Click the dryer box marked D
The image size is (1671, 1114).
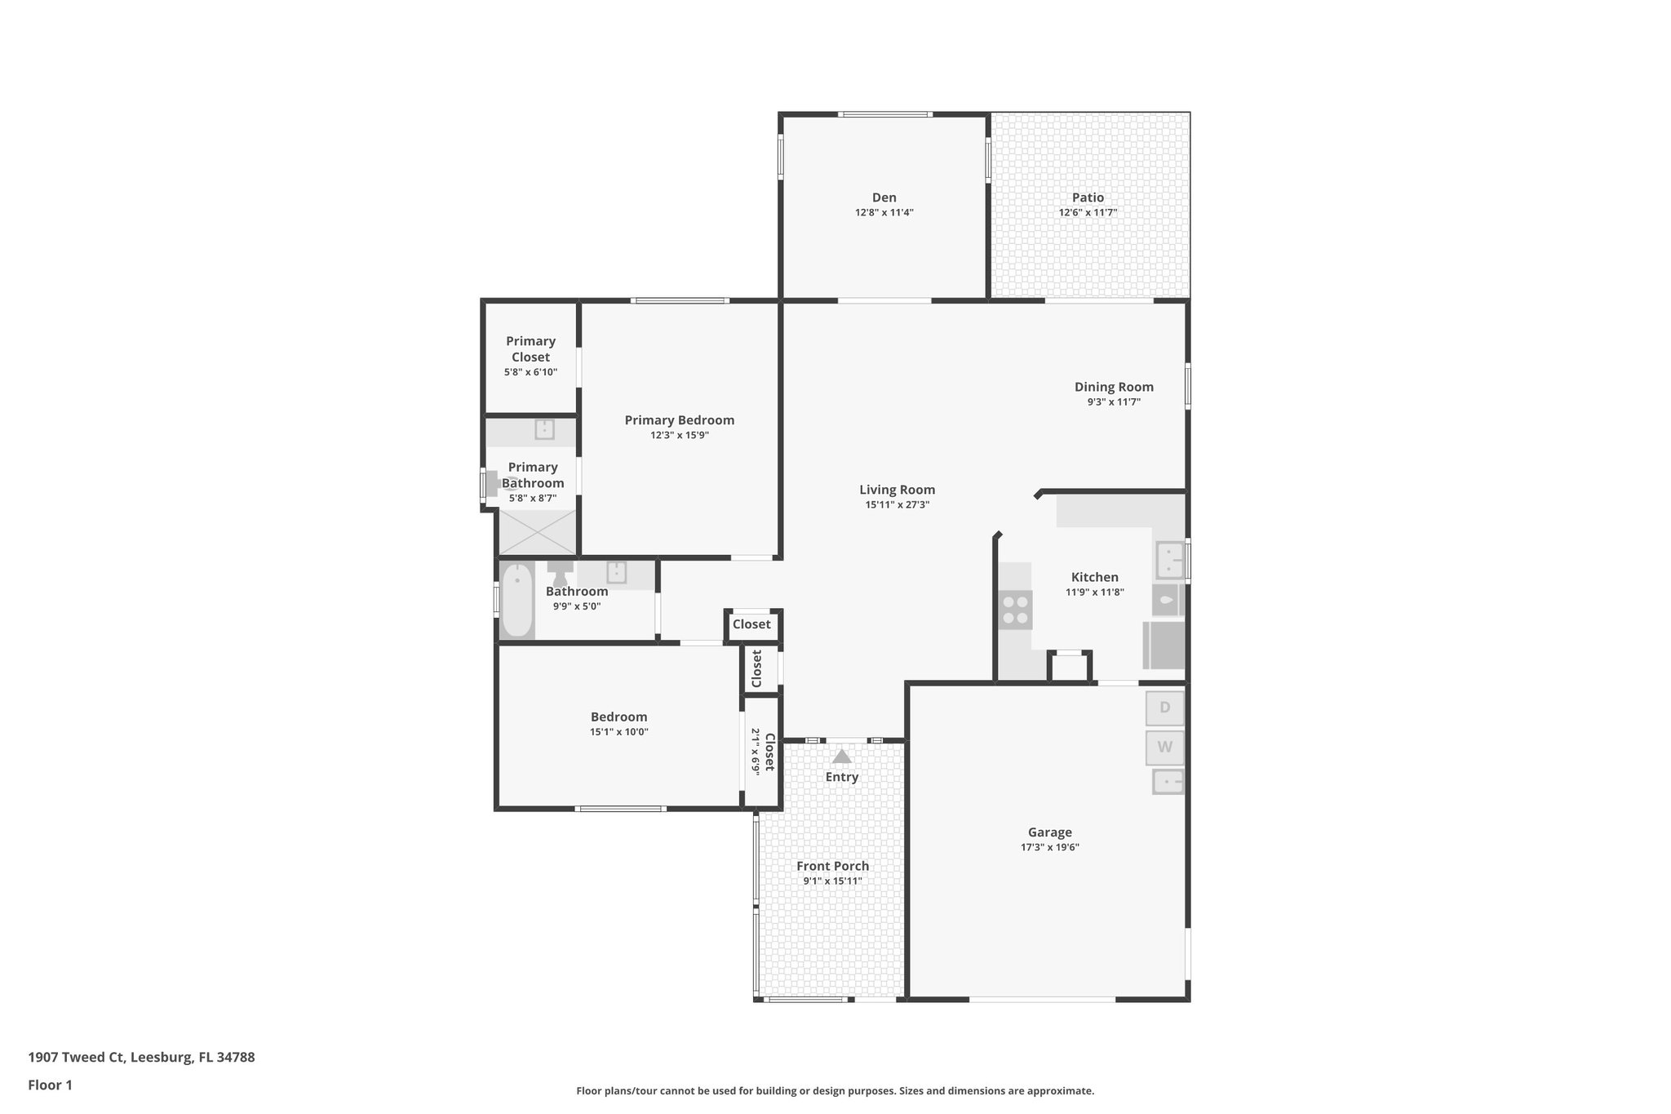(x=1164, y=708)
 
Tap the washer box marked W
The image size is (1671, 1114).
(x=1164, y=747)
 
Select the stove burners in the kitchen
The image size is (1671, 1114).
(x=1016, y=610)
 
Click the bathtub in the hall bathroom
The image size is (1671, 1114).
(x=516, y=601)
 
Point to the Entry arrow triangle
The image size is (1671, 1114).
(x=841, y=757)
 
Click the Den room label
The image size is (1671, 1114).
(x=884, y=198)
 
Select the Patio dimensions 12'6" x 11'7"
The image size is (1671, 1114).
(x=1088, y=213)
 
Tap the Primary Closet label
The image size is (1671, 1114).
(x=530, y=349)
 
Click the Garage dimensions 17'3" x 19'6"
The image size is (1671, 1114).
(x=1049, y=847)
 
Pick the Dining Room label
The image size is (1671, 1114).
(x=1114, y=387)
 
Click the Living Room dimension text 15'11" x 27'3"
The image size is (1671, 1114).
(x=897, y=505)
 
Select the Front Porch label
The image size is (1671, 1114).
(x=832, y=866)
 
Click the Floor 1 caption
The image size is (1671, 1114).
(x=50, y=1085)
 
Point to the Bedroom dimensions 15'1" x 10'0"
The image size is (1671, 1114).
(x=618, y=732)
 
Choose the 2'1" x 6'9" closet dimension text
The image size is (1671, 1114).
(x=756, y=751)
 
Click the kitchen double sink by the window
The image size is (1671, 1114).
(x=1169, y=560)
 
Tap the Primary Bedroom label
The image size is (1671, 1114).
(x=679, y=420)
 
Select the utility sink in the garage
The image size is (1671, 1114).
(x=1168, y=782)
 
